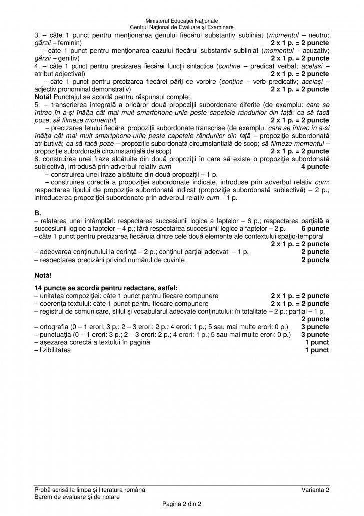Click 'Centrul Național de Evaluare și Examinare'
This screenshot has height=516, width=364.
tap(181, 27)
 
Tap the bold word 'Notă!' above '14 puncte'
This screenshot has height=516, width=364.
tap(43, 275)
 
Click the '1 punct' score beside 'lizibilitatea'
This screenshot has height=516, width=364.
tap(317, 350)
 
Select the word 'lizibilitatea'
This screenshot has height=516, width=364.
tap(55, 350)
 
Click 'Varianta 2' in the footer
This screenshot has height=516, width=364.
tap(315, 489)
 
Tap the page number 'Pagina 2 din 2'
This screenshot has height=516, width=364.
tap(181, 503)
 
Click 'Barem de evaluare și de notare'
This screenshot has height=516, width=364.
tap(76, 496)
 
